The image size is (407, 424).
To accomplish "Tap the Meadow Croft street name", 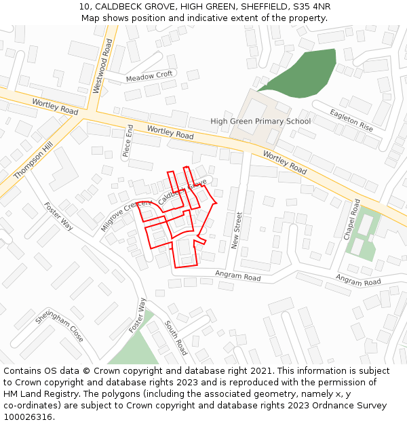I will coord(150,76).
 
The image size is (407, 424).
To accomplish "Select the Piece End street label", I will coord(128,141).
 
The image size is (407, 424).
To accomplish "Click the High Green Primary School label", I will coord(260,121).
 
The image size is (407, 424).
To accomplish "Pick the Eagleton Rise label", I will coord(351,120).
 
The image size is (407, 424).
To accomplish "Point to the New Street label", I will coord(237,230).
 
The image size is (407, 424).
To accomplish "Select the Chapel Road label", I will coord(351,219).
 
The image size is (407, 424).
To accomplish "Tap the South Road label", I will coord(176,338).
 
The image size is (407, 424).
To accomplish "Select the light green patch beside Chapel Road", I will coord(364,234).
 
